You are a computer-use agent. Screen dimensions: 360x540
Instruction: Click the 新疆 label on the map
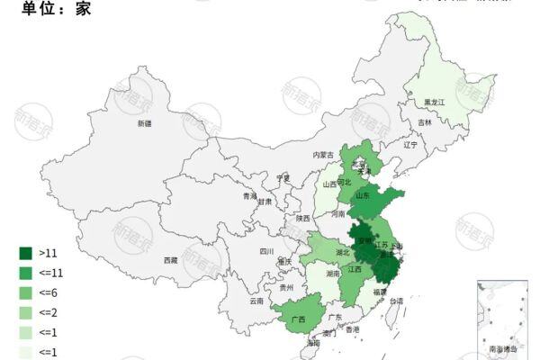pyautogui.click(x=145, y=123)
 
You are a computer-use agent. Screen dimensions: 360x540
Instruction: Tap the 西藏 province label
pyautogui.click(x=170, y=260)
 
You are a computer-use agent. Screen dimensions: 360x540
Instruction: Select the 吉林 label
pyautogui.click(x=425, y=123)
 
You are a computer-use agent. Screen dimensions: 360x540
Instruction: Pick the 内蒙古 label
pyautogui.click(x=323, y=155)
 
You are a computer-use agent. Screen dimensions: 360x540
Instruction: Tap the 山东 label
pyautogui.click(x=363, y=194)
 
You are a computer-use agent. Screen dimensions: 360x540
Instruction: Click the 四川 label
pyautogui.click(x=265, y=252)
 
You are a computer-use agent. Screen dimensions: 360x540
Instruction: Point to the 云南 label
pyautogui.click(x=256, y=301)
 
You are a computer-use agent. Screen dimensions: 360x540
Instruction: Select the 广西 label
pyautogui.click(x=297, y=319)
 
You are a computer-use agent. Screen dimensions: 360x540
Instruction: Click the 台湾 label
pyautogui.click(x=396, y=301)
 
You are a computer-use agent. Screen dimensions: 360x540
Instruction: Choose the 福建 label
pyautogui.click(x=381, y=292)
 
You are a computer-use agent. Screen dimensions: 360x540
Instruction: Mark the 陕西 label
pyautogui.click(x=302, y=218)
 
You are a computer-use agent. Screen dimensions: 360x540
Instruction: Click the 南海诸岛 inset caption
pyautogui.click(x=502, y=347)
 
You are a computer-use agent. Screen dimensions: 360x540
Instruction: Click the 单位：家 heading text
pyautogui.click(x=46, y=8)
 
